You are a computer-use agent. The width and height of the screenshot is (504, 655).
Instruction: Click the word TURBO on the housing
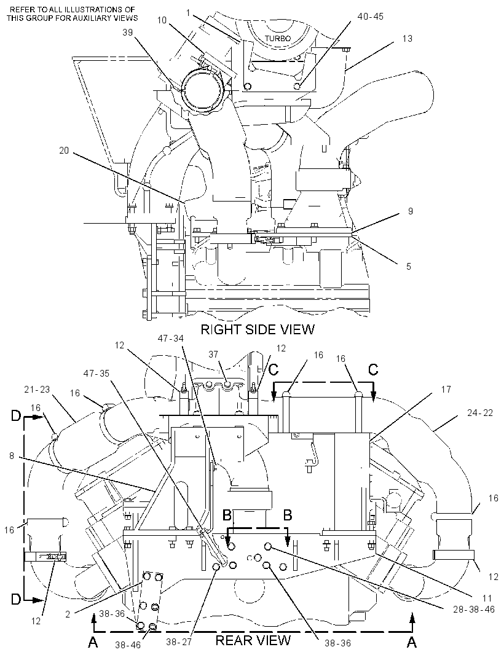(x=277, y=39)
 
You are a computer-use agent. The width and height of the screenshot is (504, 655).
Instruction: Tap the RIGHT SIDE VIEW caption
(x=258, y=329)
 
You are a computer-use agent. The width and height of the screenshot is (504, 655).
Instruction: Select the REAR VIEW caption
(x=253, y=640)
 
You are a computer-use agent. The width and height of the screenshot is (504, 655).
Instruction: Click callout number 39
(x=128, y=32)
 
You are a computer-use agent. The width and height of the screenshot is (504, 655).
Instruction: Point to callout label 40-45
(x=370, y=17)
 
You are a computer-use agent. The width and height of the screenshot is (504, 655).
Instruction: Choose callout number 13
(x=407, y=39)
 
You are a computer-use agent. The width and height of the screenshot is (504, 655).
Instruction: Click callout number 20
(x=64, y=151)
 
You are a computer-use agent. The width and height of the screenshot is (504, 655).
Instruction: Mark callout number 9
(x=411, y=211)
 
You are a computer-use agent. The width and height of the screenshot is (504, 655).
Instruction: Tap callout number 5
(x=409, y=266)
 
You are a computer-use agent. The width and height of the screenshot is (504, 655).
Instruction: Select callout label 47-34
(x=170, y=337)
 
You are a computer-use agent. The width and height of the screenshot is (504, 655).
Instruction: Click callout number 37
(x=213, y=355)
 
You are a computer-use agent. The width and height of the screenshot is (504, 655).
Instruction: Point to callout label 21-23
(x=37, y=390)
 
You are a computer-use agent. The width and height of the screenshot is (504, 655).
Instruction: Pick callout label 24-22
(x=480, y=413)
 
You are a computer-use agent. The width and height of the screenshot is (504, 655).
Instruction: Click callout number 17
(x=446, y=390)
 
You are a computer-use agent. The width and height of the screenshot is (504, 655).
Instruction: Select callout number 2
(x=67, y=614)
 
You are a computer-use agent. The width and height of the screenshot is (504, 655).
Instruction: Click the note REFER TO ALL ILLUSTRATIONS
(x=72, y=14)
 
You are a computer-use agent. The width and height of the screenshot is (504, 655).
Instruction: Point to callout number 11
(x=487, y=598)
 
